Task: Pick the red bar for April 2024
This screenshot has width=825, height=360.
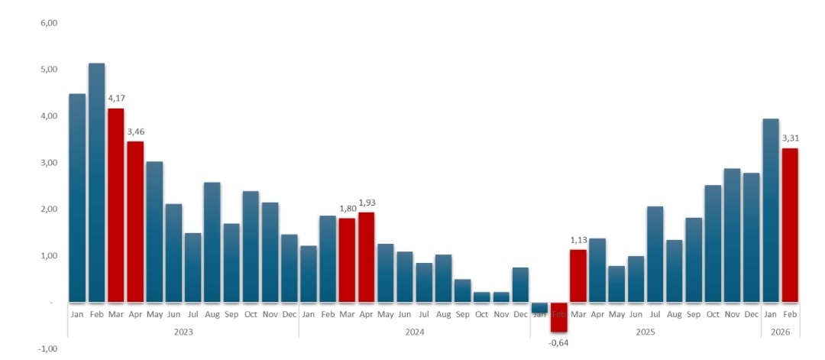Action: (x=367, y=257)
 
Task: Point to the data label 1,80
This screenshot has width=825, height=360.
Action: (x=348, y=209)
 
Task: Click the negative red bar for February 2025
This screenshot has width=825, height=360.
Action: (x=559, y=317)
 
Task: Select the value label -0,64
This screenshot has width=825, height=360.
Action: (x=558, y=342)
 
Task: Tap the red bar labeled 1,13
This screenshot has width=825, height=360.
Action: (x=578, y=275)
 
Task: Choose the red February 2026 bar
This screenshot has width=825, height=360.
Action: (x=790, y=225)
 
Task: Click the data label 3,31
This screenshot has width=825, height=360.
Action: (x=791, y=138)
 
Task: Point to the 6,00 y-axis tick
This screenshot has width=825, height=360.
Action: (x=48, y=23)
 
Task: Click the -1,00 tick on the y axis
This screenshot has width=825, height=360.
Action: (x=48, y=349)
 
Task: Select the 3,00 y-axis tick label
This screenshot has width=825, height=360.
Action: (x=48, y=163)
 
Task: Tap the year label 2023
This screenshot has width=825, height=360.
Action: (x=183, y=332)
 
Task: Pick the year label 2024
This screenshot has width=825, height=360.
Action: (x=414, y=332)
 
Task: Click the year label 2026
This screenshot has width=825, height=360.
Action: (x=780, y=332)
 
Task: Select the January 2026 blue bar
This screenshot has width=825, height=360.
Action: (x=771, y=210)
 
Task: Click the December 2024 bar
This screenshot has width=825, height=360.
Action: (x=520, y=284)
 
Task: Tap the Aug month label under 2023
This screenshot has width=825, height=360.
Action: (x=212, y=314)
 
